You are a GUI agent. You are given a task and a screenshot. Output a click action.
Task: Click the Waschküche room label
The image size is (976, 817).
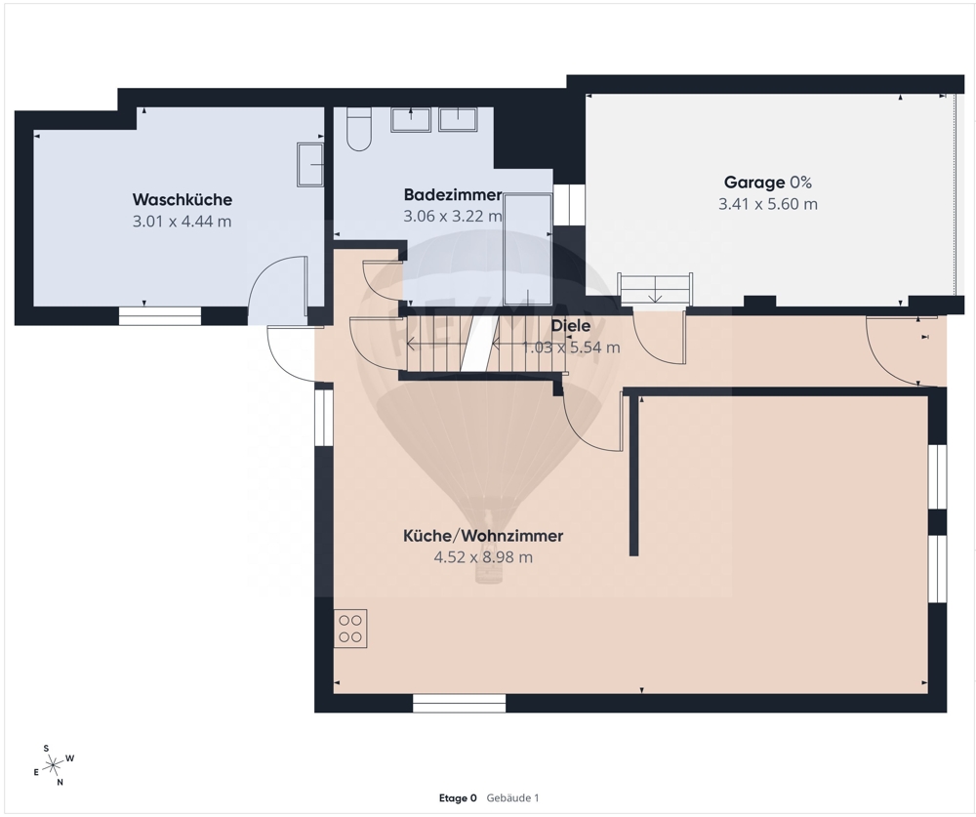click(182, 200)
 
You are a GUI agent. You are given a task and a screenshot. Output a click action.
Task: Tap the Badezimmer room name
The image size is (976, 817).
click(453, 195)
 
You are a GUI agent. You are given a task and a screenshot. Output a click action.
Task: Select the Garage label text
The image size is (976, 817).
click(753, 183)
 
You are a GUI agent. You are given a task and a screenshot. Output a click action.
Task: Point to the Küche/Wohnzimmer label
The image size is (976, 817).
click(483, 536)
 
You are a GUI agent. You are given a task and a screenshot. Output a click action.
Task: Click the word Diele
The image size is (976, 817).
click(570, 326)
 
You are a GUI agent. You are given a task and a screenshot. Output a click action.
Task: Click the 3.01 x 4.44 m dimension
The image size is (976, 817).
click(182, 221)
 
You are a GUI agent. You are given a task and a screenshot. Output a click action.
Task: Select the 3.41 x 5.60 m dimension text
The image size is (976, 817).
click(768, 204)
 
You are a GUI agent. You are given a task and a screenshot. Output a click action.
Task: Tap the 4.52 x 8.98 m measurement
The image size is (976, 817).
click(483, 556)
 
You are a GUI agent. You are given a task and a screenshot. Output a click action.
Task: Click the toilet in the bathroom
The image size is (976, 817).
click(358, 130)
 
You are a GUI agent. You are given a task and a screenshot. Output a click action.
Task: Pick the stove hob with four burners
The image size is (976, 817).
click(349, 629)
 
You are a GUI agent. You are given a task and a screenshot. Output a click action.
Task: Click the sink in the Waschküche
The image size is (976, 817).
click(310, 165)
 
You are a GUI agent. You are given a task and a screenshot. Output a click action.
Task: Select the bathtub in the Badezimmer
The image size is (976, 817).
click(528, 249)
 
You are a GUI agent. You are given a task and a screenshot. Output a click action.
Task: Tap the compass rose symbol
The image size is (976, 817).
click(54, 764)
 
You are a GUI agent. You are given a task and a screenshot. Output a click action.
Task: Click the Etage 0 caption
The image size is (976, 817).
click(458, 798)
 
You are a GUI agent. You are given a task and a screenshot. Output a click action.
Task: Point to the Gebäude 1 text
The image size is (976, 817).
click(513, 798)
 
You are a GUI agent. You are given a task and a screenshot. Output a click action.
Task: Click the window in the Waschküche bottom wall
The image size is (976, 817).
click(161, 316)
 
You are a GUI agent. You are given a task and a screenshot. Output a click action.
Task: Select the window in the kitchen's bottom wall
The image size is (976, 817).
click(460, 704)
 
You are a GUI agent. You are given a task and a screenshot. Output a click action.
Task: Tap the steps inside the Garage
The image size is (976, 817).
click(655, 289)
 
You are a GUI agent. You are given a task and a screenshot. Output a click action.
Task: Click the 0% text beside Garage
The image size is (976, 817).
click(800, 183)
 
